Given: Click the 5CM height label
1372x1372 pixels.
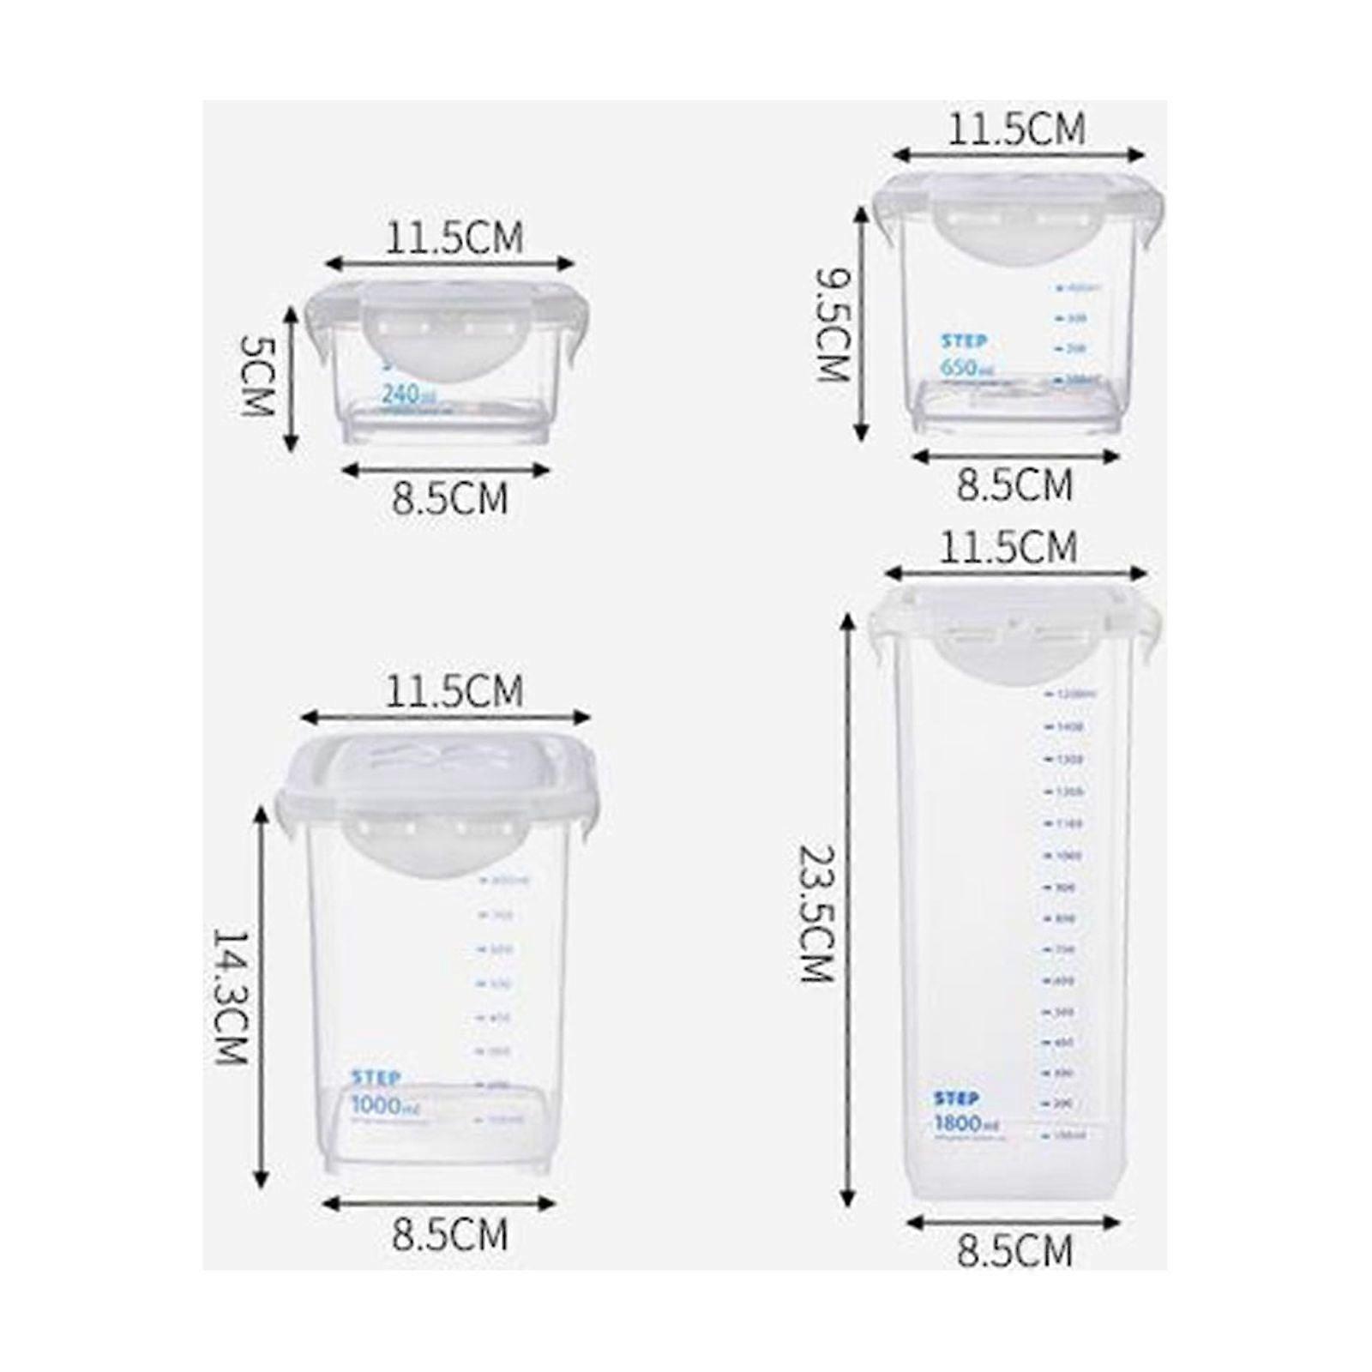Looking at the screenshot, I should coord(255,376).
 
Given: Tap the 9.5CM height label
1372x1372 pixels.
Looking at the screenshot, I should coord(833,324).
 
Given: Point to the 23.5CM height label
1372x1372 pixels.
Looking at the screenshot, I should coord(816,914).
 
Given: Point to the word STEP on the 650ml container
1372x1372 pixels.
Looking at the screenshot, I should coord(965,341).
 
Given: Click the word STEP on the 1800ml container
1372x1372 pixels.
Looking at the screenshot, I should coord(956,1098).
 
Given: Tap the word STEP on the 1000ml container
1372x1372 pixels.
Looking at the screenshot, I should coord(376,1078).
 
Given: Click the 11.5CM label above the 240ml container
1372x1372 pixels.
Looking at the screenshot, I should coord(454,238).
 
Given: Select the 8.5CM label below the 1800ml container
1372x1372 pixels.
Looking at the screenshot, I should coord(1014,1251).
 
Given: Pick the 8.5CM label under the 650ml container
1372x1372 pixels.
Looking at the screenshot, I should coord(1014,485).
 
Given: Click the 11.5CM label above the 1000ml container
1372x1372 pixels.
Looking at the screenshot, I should coord(454,691).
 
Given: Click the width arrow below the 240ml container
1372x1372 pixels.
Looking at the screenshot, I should coord(445,470).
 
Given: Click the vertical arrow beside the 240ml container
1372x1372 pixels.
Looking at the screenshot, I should coord(292,377).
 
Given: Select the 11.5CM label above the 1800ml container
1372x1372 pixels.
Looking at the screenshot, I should coord(1008,547).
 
